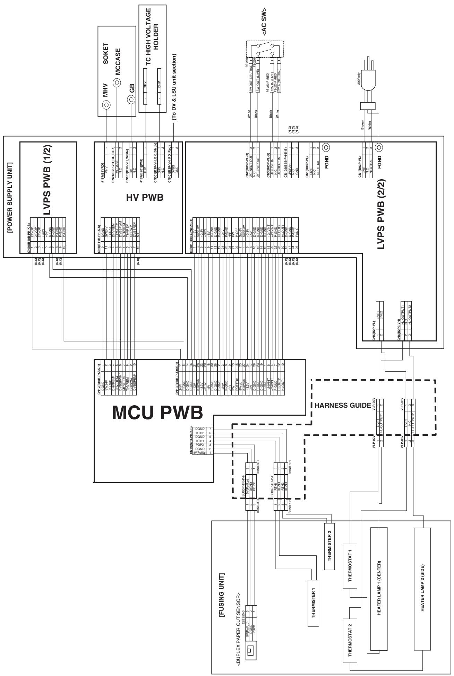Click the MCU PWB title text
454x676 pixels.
(157, 414)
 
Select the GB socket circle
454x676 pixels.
(131, 100)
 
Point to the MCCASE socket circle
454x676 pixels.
(117, 83)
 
